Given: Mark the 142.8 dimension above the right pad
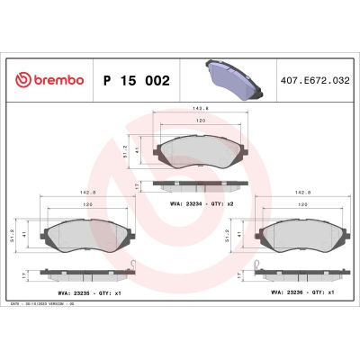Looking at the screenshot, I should point(302,192).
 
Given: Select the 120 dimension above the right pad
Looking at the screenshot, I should point(302,205).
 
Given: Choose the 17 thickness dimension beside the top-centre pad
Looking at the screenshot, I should point(135,186).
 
